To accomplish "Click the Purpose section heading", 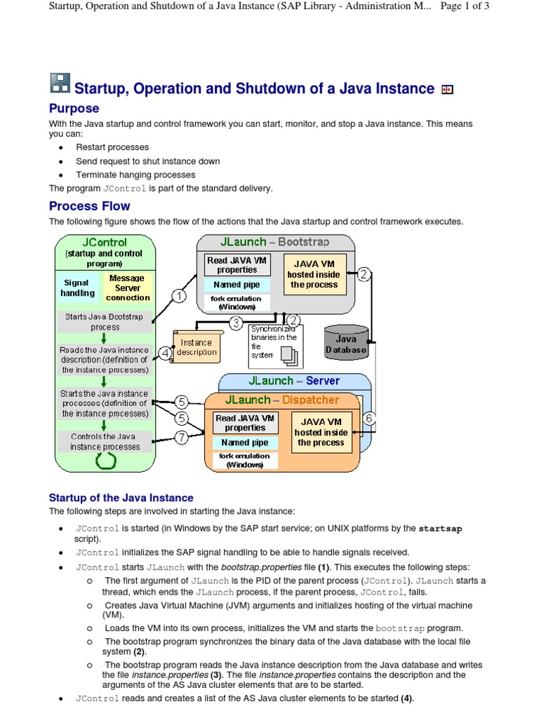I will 74,109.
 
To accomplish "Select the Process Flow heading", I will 89,206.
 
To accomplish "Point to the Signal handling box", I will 77,288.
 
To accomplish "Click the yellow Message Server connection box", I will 128,288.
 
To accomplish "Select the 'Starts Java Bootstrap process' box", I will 105,322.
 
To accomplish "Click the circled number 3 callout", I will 237,324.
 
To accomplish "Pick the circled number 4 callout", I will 166,353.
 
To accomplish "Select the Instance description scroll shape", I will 197,346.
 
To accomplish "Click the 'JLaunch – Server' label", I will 294,381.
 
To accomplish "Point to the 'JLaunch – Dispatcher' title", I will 281,400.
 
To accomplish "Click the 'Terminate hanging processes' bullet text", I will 135,175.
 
